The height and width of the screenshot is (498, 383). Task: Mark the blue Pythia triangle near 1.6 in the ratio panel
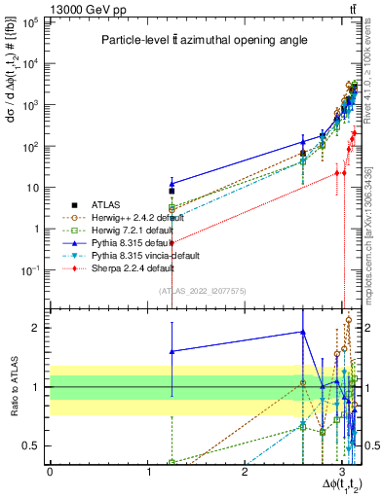[x=172, y=351]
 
